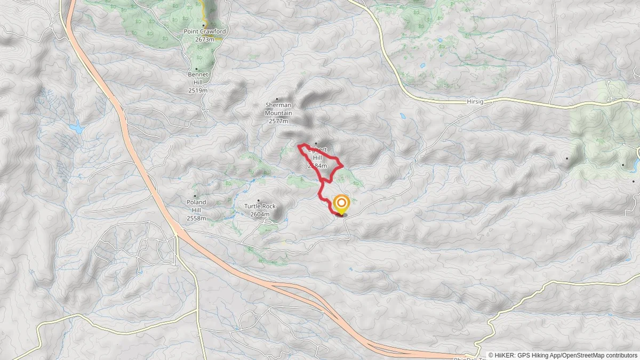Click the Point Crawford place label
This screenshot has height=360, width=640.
tap(205, 31)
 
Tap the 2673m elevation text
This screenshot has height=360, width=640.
tap(205, 39)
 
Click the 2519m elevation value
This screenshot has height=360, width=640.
tap(197, 91)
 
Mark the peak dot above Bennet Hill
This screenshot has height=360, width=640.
tap(197, 69)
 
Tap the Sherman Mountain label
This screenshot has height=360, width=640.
tap(278, 109)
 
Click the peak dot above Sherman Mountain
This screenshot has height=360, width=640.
tap(277, 99)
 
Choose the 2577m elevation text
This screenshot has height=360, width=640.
tap(278, 121)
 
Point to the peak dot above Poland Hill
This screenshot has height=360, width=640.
tap(195, 196)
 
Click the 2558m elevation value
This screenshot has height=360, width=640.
tap(196, 219)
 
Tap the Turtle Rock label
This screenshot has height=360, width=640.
tap(260, 206)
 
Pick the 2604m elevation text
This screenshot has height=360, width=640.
tap(260, 214)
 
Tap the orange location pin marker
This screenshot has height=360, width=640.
tap(341, 204)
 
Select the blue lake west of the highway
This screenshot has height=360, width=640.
tap(76, 128)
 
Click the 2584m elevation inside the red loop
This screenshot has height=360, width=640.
tap(317, 166)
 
